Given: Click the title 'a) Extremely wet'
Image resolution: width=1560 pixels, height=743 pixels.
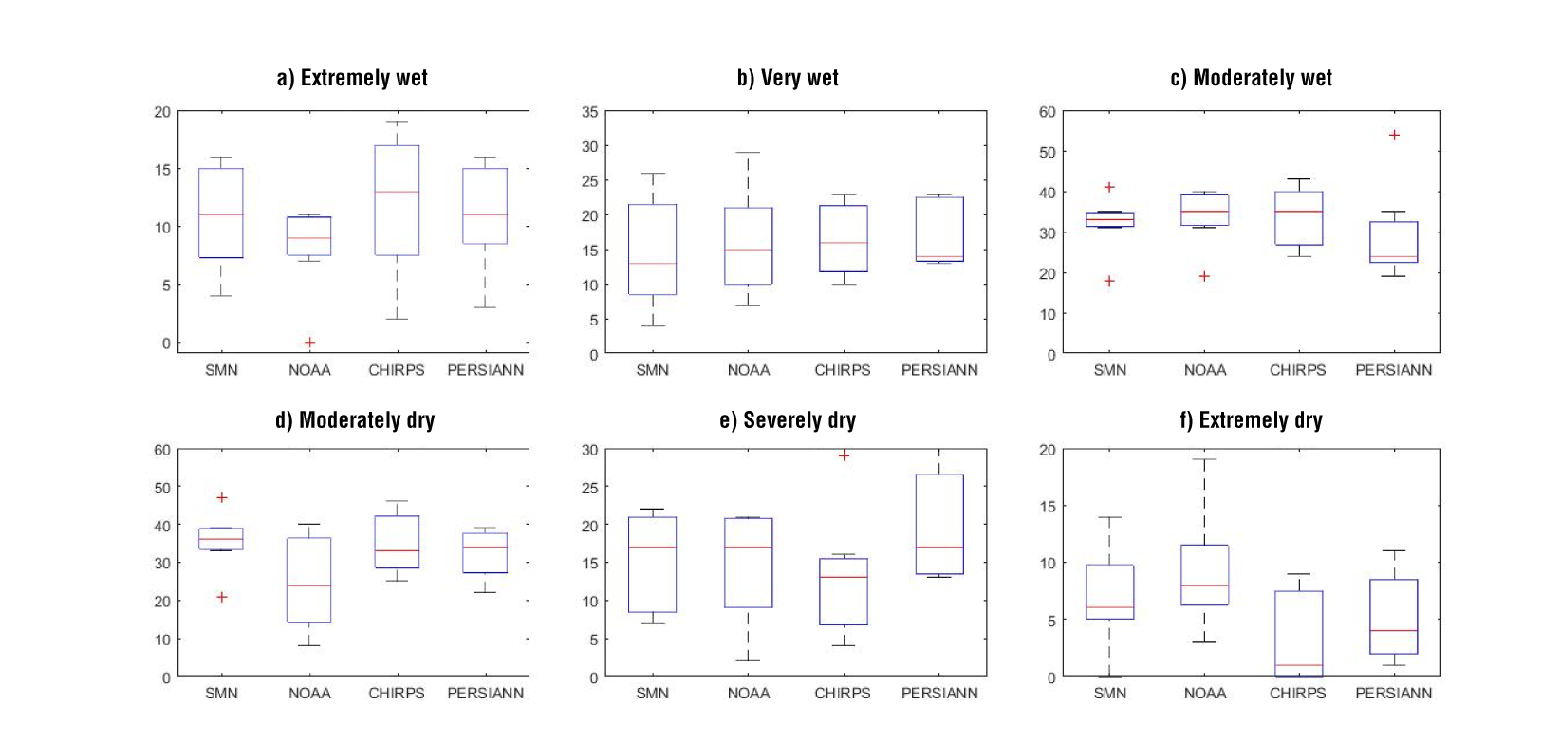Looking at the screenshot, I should click(352, 78).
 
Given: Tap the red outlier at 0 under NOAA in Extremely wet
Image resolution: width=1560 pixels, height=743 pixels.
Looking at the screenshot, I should click(309, 342).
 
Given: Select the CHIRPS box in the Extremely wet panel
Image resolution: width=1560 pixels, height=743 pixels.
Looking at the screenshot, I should click(397, 200).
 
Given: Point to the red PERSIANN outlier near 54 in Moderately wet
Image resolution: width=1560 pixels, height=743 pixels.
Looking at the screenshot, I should click(1394, 135).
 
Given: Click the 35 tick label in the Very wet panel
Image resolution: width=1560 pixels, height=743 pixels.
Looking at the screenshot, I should click(589, 112).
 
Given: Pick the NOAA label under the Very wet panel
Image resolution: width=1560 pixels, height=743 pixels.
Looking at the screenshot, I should click(748, 370).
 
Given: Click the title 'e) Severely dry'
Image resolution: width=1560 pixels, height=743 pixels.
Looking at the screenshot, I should click(787, 419).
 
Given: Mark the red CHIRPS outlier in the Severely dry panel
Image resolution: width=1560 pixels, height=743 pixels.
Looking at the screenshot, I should click(844, 455).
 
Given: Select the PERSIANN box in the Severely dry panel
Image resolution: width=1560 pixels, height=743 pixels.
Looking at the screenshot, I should click(939, 524).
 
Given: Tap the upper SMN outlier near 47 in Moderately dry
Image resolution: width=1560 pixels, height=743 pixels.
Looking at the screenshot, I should click(222, 497).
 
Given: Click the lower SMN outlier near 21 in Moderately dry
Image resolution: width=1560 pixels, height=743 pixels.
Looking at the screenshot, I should click(222, 597).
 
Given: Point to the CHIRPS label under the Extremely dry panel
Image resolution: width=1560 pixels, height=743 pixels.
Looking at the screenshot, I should click(1297, 693).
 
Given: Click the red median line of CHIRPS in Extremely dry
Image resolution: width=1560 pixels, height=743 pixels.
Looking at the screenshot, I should click(1299, 665).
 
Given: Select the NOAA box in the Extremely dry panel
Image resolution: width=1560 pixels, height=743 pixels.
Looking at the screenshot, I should click(1204, 575).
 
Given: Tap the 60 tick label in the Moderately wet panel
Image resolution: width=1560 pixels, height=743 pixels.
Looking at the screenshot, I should click(1047, 112).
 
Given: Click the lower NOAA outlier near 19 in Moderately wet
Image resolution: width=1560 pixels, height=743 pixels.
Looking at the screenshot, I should click(1204, 276).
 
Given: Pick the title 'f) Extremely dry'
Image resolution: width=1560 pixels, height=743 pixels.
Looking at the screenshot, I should click(1251, 419).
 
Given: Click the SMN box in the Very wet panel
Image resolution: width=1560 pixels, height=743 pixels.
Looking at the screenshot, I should click(653, 250).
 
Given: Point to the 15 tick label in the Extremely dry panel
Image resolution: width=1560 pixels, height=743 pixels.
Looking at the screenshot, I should click(1047, 507).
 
